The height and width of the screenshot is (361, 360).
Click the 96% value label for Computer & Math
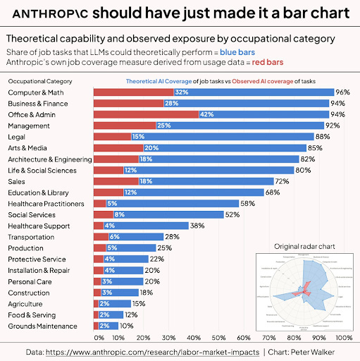[343, 92]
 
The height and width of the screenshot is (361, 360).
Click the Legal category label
[18, 137]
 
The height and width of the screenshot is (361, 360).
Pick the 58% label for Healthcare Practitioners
[247, 203]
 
